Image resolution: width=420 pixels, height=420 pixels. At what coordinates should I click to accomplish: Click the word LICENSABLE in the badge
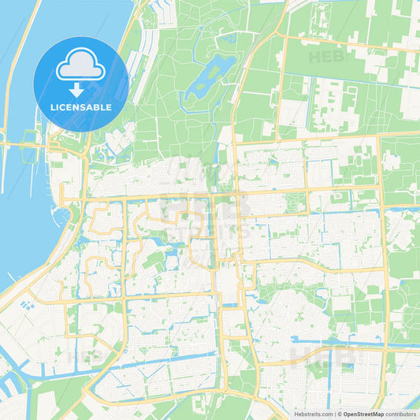[x=81, y=106]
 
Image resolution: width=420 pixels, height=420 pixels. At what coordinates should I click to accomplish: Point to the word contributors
[x=401, y=413]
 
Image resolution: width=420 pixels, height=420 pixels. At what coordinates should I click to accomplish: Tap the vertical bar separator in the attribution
[x=334, y=413]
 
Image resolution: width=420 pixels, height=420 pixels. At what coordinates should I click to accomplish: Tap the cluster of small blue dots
[x=28, y=303]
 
